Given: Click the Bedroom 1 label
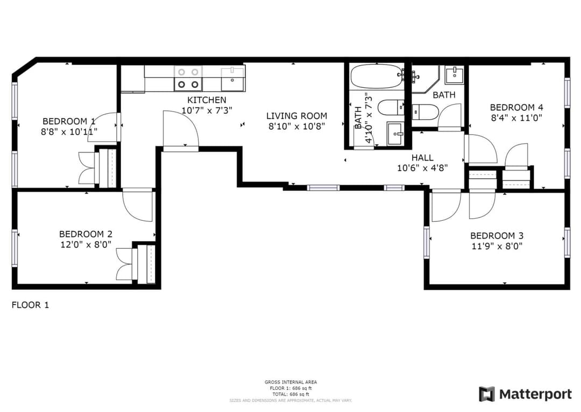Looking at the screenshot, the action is pos(69,121).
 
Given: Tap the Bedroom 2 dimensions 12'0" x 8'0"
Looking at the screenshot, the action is pos(86,245).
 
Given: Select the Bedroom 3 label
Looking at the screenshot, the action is pos(497,235).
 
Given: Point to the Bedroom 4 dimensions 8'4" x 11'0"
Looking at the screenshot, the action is pos(516,118).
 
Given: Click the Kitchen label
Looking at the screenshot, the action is pos(207,100).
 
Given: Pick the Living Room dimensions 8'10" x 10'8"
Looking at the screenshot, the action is pos(297,127).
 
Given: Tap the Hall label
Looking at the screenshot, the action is pos(422,158).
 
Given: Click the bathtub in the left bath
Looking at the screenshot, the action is pos(377,76).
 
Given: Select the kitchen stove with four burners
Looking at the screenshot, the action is pos(188,78).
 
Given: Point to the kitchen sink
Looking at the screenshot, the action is pos(233,79).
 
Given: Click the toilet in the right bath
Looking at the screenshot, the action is pos(425,112).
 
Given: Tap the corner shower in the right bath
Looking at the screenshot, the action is pos(426,80).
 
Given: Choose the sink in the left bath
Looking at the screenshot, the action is pos(395,134).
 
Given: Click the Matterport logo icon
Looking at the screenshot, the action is pos(486,394).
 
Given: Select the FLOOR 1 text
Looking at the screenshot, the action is pos(30,305).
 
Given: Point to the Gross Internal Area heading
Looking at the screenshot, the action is pos(290,382).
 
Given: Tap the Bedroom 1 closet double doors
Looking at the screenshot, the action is pos(87,168).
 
